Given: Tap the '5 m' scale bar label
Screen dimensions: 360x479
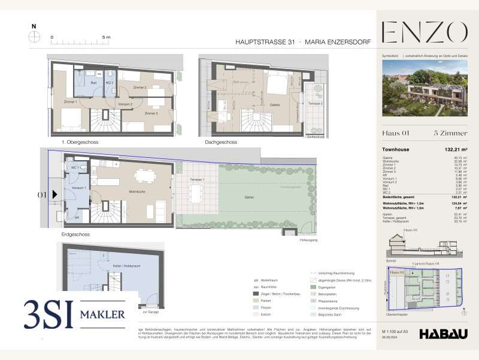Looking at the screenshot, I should point(106,37).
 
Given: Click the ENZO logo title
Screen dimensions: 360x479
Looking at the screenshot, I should point(424,32).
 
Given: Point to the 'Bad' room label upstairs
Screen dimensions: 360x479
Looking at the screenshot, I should point(94,82).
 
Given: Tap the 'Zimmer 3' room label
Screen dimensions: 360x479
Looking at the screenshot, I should point(151,113).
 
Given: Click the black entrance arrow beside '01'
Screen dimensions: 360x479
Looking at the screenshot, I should point(54,194).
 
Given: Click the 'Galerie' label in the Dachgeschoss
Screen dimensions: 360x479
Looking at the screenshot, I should point(275,104).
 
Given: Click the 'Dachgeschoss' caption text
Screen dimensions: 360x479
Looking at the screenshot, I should point(221,142).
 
